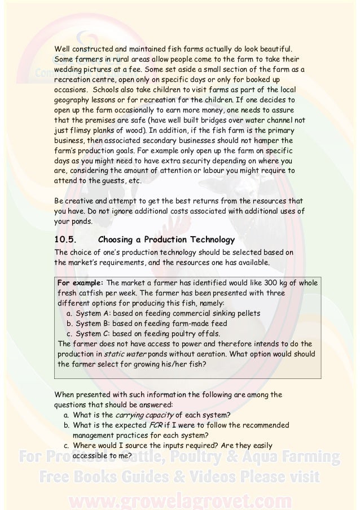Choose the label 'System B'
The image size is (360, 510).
(x=94, y=324)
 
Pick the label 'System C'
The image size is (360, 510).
(x=94, y=334)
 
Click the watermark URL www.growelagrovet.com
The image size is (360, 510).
(x=179, y=499)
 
